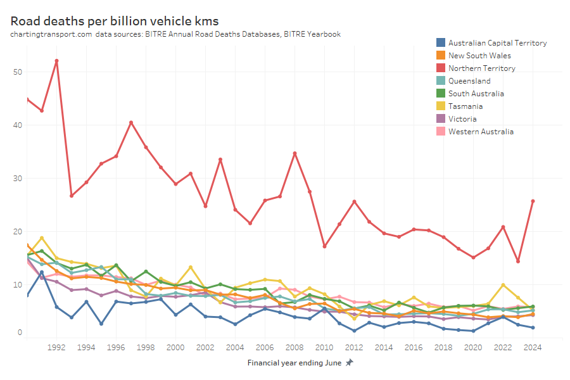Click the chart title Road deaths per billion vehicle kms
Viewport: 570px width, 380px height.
115,20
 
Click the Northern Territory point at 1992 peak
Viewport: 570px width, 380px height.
57,61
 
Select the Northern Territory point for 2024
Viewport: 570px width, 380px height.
533,201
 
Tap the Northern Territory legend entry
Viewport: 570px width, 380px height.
481,68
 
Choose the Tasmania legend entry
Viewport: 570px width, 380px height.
467,106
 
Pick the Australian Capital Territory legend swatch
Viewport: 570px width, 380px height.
440,43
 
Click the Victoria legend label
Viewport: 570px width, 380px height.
462,119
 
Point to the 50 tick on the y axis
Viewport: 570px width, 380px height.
17,72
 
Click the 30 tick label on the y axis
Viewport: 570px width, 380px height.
17,179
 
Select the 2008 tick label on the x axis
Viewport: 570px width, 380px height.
294,347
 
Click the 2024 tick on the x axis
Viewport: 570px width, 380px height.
533,347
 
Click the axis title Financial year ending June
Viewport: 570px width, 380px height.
294,363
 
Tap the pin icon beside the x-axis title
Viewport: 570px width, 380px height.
349,363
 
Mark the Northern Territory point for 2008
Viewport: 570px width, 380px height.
294,153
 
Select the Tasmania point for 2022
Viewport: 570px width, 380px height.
503,285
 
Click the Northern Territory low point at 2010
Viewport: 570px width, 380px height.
324,246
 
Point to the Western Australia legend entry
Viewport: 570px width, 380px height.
481,132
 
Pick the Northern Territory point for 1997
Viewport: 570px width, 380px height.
131,122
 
